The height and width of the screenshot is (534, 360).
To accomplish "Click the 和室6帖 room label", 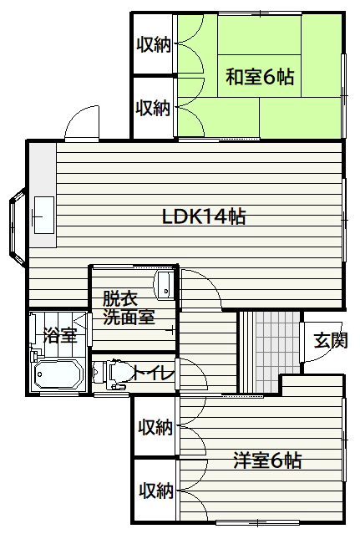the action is (x=260, y=77).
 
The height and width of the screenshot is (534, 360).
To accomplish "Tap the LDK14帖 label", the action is (x=204, y=216).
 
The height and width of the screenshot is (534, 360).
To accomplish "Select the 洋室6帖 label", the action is (x=267, y=460).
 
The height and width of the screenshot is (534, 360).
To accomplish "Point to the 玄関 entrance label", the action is (x=331, y=340).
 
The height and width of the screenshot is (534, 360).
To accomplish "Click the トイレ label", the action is (x=154, y=374).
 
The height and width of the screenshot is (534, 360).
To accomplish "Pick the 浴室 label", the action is (x=61, y=335).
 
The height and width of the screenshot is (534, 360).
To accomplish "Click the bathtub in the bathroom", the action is (x=58, y=374).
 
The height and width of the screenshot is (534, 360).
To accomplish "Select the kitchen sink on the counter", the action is (x=44, y=216).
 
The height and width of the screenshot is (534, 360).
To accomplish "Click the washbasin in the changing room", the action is (x=165, y=286).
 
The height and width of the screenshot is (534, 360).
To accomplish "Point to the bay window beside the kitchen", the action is (x=18, y=226).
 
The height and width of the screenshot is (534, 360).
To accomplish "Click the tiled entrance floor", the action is (x=277, y=351).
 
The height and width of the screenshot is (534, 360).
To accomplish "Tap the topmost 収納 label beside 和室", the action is (x=154, y=44).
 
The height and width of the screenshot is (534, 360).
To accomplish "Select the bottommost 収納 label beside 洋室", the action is (x=156, y=491).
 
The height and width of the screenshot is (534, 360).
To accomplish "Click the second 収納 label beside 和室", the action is (x=153, y=108).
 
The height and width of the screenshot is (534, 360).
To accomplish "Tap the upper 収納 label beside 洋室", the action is (x=155, y=427).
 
